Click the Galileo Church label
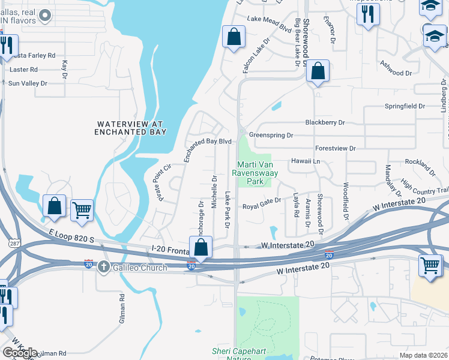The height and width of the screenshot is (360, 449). [140, 267]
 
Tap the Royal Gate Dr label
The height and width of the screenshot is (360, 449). [261, 207]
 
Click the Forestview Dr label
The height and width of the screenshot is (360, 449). [336, 148]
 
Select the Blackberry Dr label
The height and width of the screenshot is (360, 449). [325, 122]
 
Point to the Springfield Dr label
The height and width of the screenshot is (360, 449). [405, 106]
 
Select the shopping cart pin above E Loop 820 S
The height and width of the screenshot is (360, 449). [82, 210]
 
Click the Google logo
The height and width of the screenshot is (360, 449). [19, 353]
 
